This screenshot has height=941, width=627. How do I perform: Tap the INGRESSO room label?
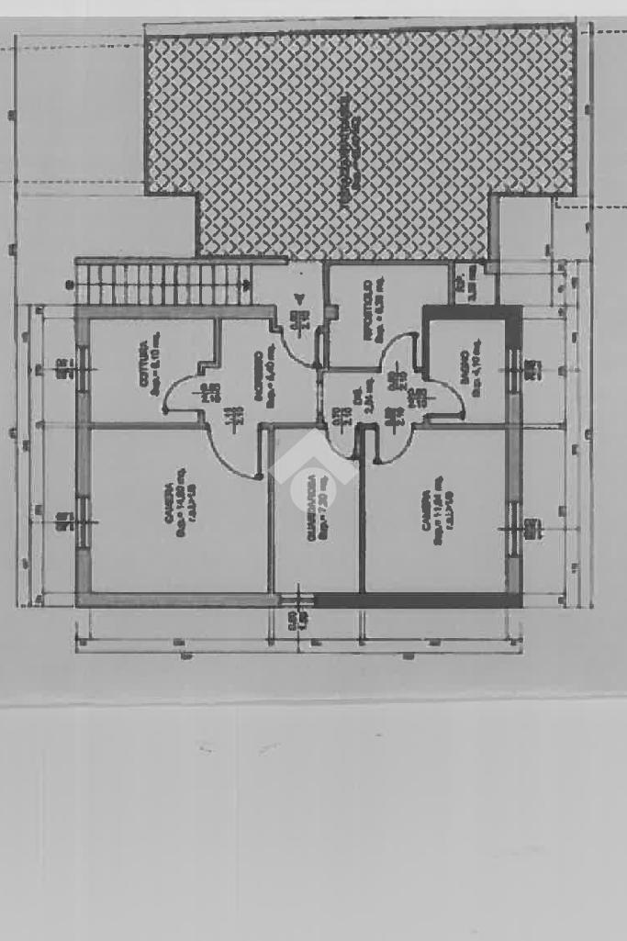click(x=259, y=375)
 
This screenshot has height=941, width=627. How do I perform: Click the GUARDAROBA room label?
click(x=313, y=507)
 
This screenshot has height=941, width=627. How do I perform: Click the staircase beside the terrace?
click(x=165, y=284)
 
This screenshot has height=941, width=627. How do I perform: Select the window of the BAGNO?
click(x=513, y=370)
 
